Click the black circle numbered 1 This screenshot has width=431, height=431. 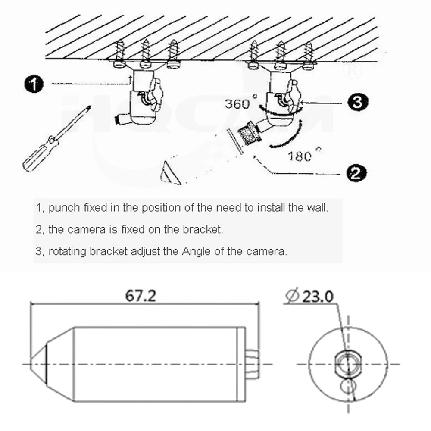click(x=34, y=84)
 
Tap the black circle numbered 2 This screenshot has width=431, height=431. click(x=356, y=173)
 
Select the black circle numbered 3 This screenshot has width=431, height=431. click(x=358, y=102)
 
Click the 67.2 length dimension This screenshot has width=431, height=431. click(x=141, y=296)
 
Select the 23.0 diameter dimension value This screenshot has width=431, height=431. click(x=318, y=297)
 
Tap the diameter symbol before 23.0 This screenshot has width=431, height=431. click(x=292, y=296)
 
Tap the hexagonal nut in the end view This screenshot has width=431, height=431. click(x=348, y=364)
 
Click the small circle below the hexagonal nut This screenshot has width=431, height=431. click(x=348, y=386)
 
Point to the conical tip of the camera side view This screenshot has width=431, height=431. click(x=38, y=365)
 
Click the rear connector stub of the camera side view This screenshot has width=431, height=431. click(x=253, y=364)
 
